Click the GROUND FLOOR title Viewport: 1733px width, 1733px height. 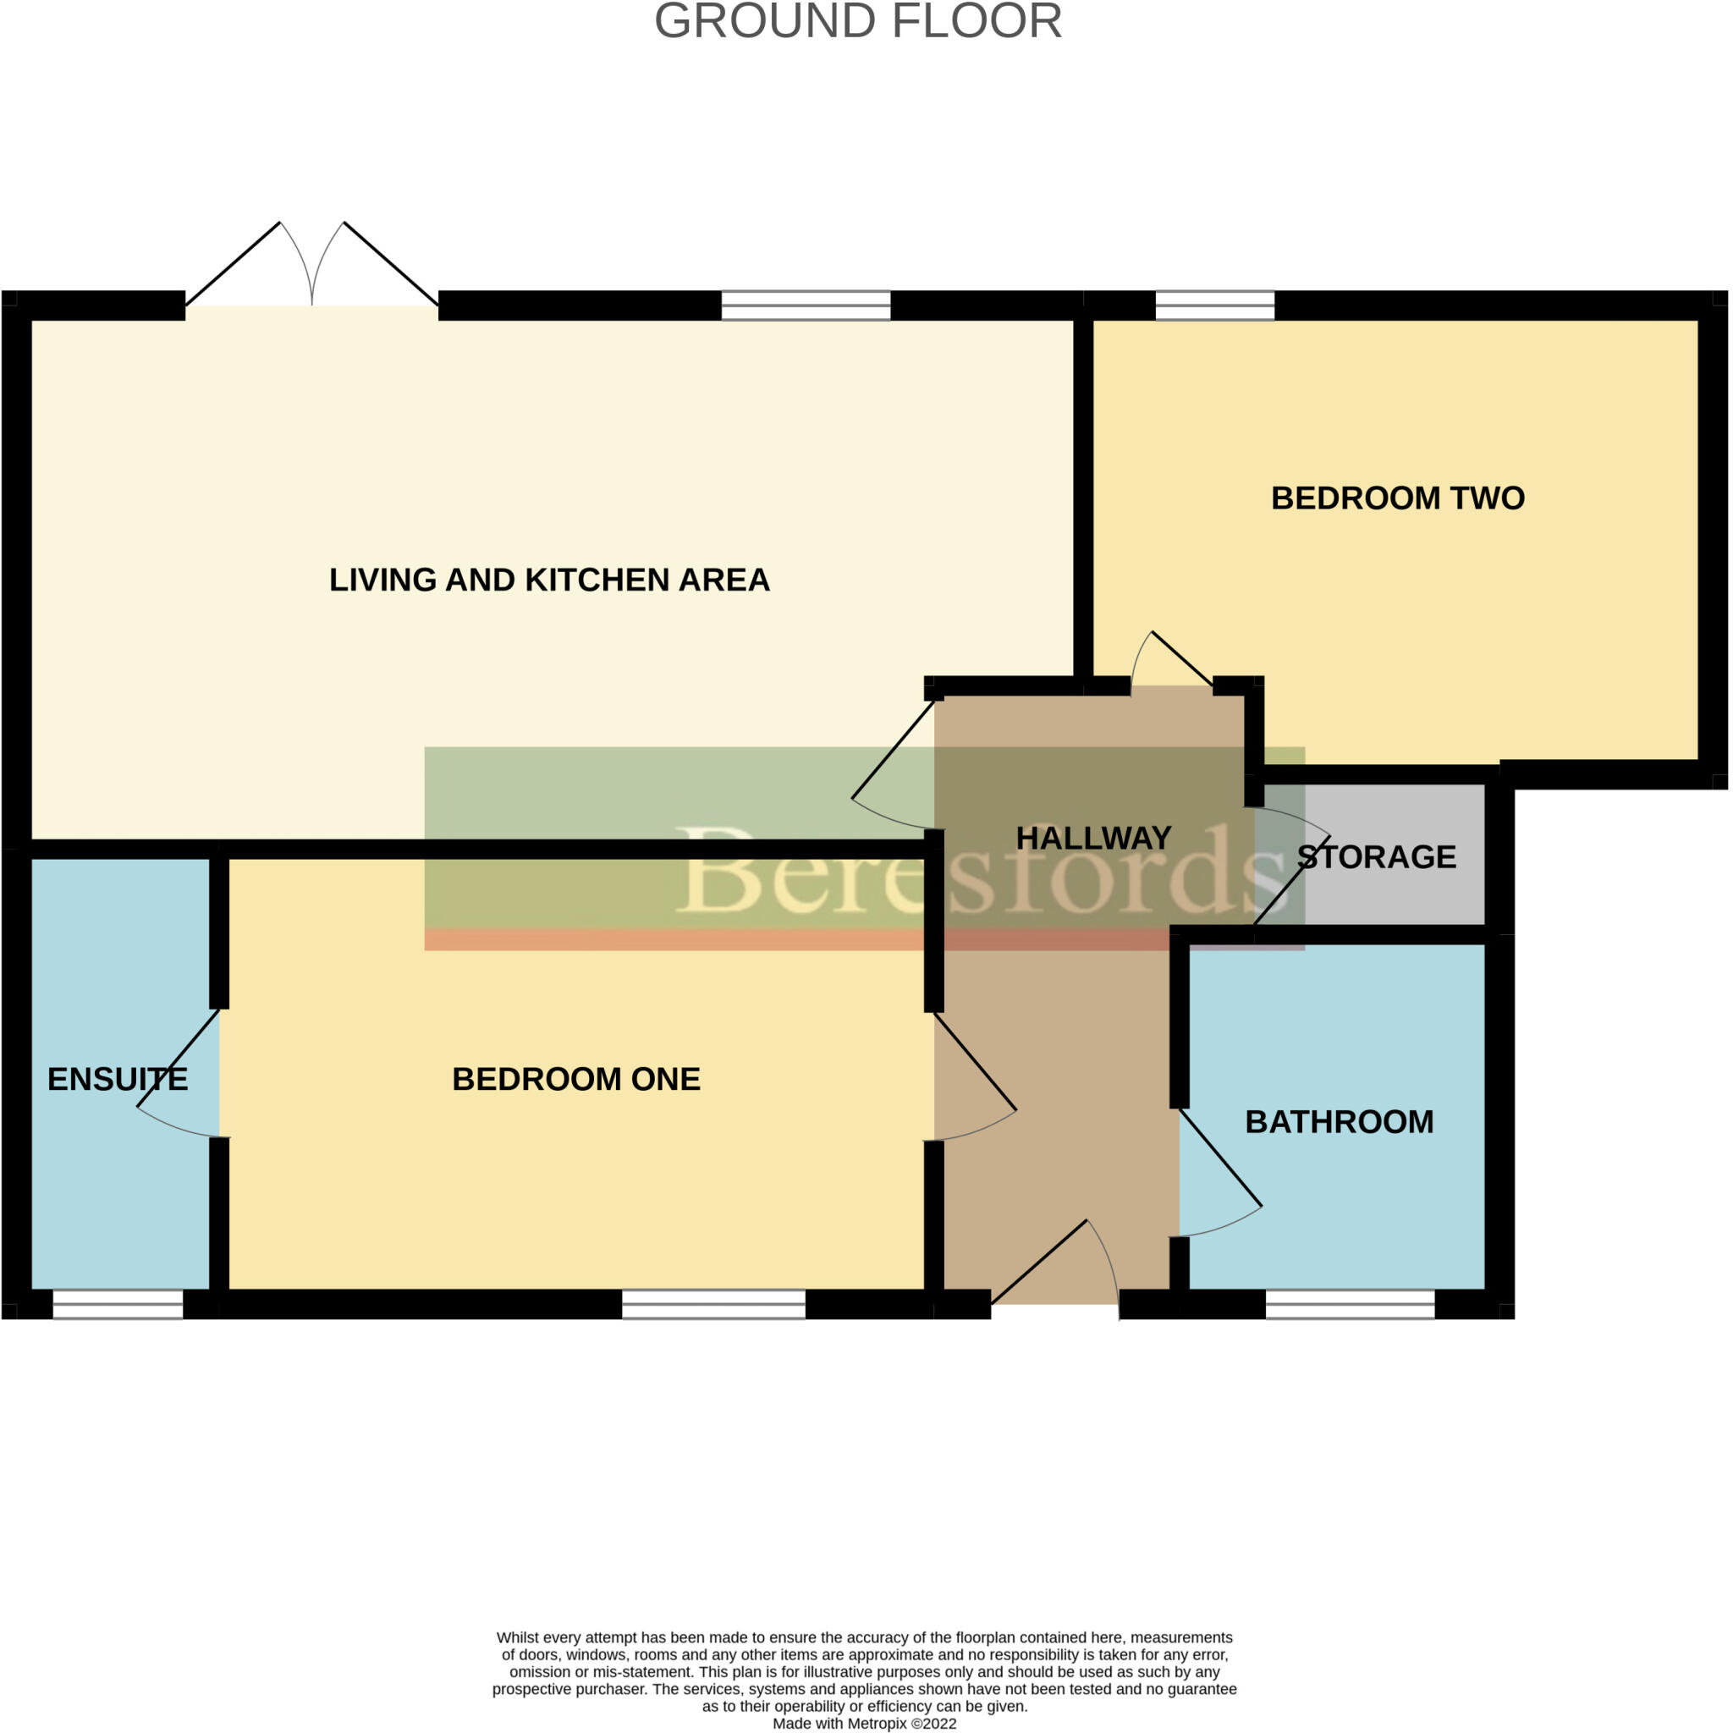(858, 21)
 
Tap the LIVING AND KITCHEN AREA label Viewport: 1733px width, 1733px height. (549, 580)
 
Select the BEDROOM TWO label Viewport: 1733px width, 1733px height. (1398, 498)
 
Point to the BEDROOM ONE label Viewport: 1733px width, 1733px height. (576, 1079)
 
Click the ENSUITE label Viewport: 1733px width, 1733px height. (118, 1079)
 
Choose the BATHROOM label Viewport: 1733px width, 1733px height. (1340, 1122)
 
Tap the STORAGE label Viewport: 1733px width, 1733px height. (1377, 856)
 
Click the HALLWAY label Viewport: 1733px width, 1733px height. (1093, 838)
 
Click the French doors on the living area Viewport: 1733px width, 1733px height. (311, 269)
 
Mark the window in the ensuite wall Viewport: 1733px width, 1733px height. (118, 1304)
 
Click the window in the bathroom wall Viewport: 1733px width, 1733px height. (1350, 1304)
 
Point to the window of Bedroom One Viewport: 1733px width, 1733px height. (714, 1304)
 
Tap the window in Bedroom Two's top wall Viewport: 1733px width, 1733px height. (1214, 305)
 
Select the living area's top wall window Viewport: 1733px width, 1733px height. (806, 305)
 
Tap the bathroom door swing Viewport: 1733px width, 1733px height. (1220, 1175)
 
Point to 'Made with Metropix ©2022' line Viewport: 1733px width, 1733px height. (865, 1723)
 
